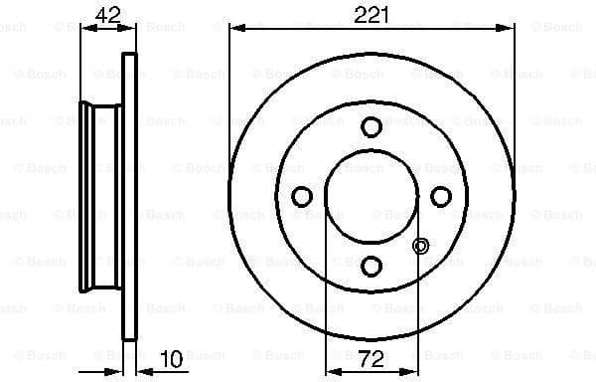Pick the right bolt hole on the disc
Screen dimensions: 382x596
tap(441, 196)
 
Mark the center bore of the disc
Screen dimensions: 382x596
tap(372, 196)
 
